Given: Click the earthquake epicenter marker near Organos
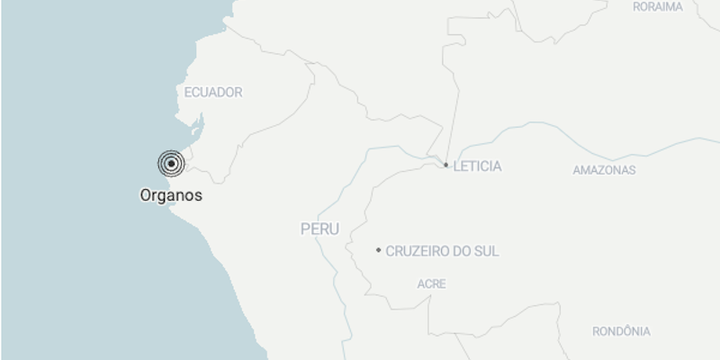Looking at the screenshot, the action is (x=171, y=164).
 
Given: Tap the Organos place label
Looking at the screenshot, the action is (x=171, y=194).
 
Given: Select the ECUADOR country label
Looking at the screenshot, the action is (x=213, y=92).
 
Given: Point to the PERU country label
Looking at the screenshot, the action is (x=319, y=229).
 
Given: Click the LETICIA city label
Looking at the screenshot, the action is (x=477, y=166).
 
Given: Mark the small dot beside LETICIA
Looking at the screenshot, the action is (x=446, y=165).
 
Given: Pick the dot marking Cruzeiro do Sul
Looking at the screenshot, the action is (x=379, y=250).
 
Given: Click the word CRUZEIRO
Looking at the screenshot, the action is (x=419, y=252).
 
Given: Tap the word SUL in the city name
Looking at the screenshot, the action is (x=487, y=252).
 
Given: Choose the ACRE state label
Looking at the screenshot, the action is (x=431, y=284).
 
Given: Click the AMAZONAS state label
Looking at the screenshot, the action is (x=604, y=170).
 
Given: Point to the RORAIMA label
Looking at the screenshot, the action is (x=658, y=6).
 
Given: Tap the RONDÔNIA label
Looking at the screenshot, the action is (x=621, y=331).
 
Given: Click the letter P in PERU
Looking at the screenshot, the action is (x=305, y=229).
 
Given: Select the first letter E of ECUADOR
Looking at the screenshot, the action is (x=187, y=92).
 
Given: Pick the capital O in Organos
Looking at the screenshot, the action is (x=145, y=194).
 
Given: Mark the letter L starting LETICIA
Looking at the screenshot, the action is (x=457, y=166).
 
